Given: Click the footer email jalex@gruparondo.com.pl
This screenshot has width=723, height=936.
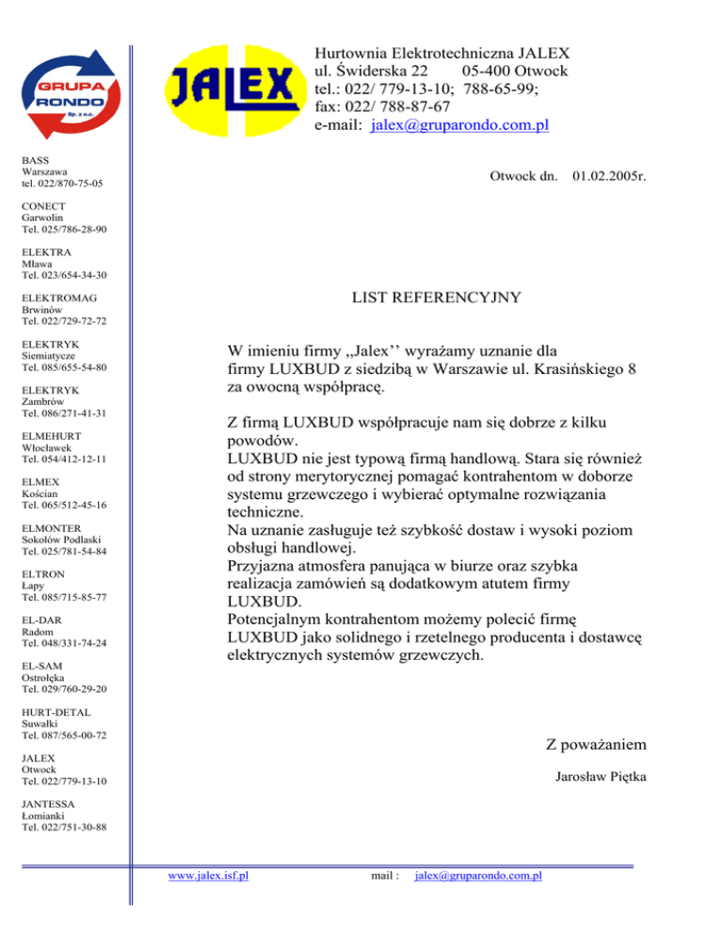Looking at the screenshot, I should pyautogui.click(x=478, y=876).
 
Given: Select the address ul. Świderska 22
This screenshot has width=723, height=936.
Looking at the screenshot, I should pyautogui.click(x=373, y=72).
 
